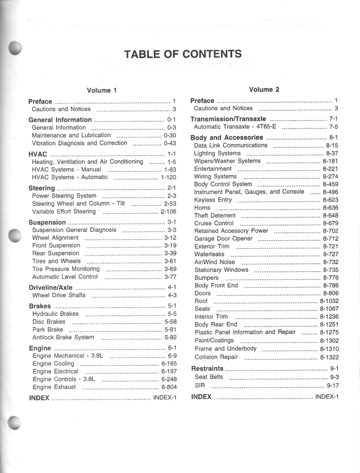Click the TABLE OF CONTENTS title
[183, 54]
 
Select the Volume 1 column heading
[99, 91]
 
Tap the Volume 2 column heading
[264, 90]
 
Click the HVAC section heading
[38, 154]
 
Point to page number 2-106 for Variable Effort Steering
[168, 212]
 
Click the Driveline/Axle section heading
[50, 287]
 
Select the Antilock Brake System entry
[63, 337]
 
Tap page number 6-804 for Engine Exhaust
[169, 387]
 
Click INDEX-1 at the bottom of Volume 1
[165, 397]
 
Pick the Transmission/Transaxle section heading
[228, 119]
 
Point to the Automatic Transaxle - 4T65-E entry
[235, 127]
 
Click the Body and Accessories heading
[226, 137]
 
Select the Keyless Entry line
[213, 200]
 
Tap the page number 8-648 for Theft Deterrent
[330, 215]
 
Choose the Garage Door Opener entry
[223, 239]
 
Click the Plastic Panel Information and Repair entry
[245, 332]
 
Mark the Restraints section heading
[207, 369]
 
